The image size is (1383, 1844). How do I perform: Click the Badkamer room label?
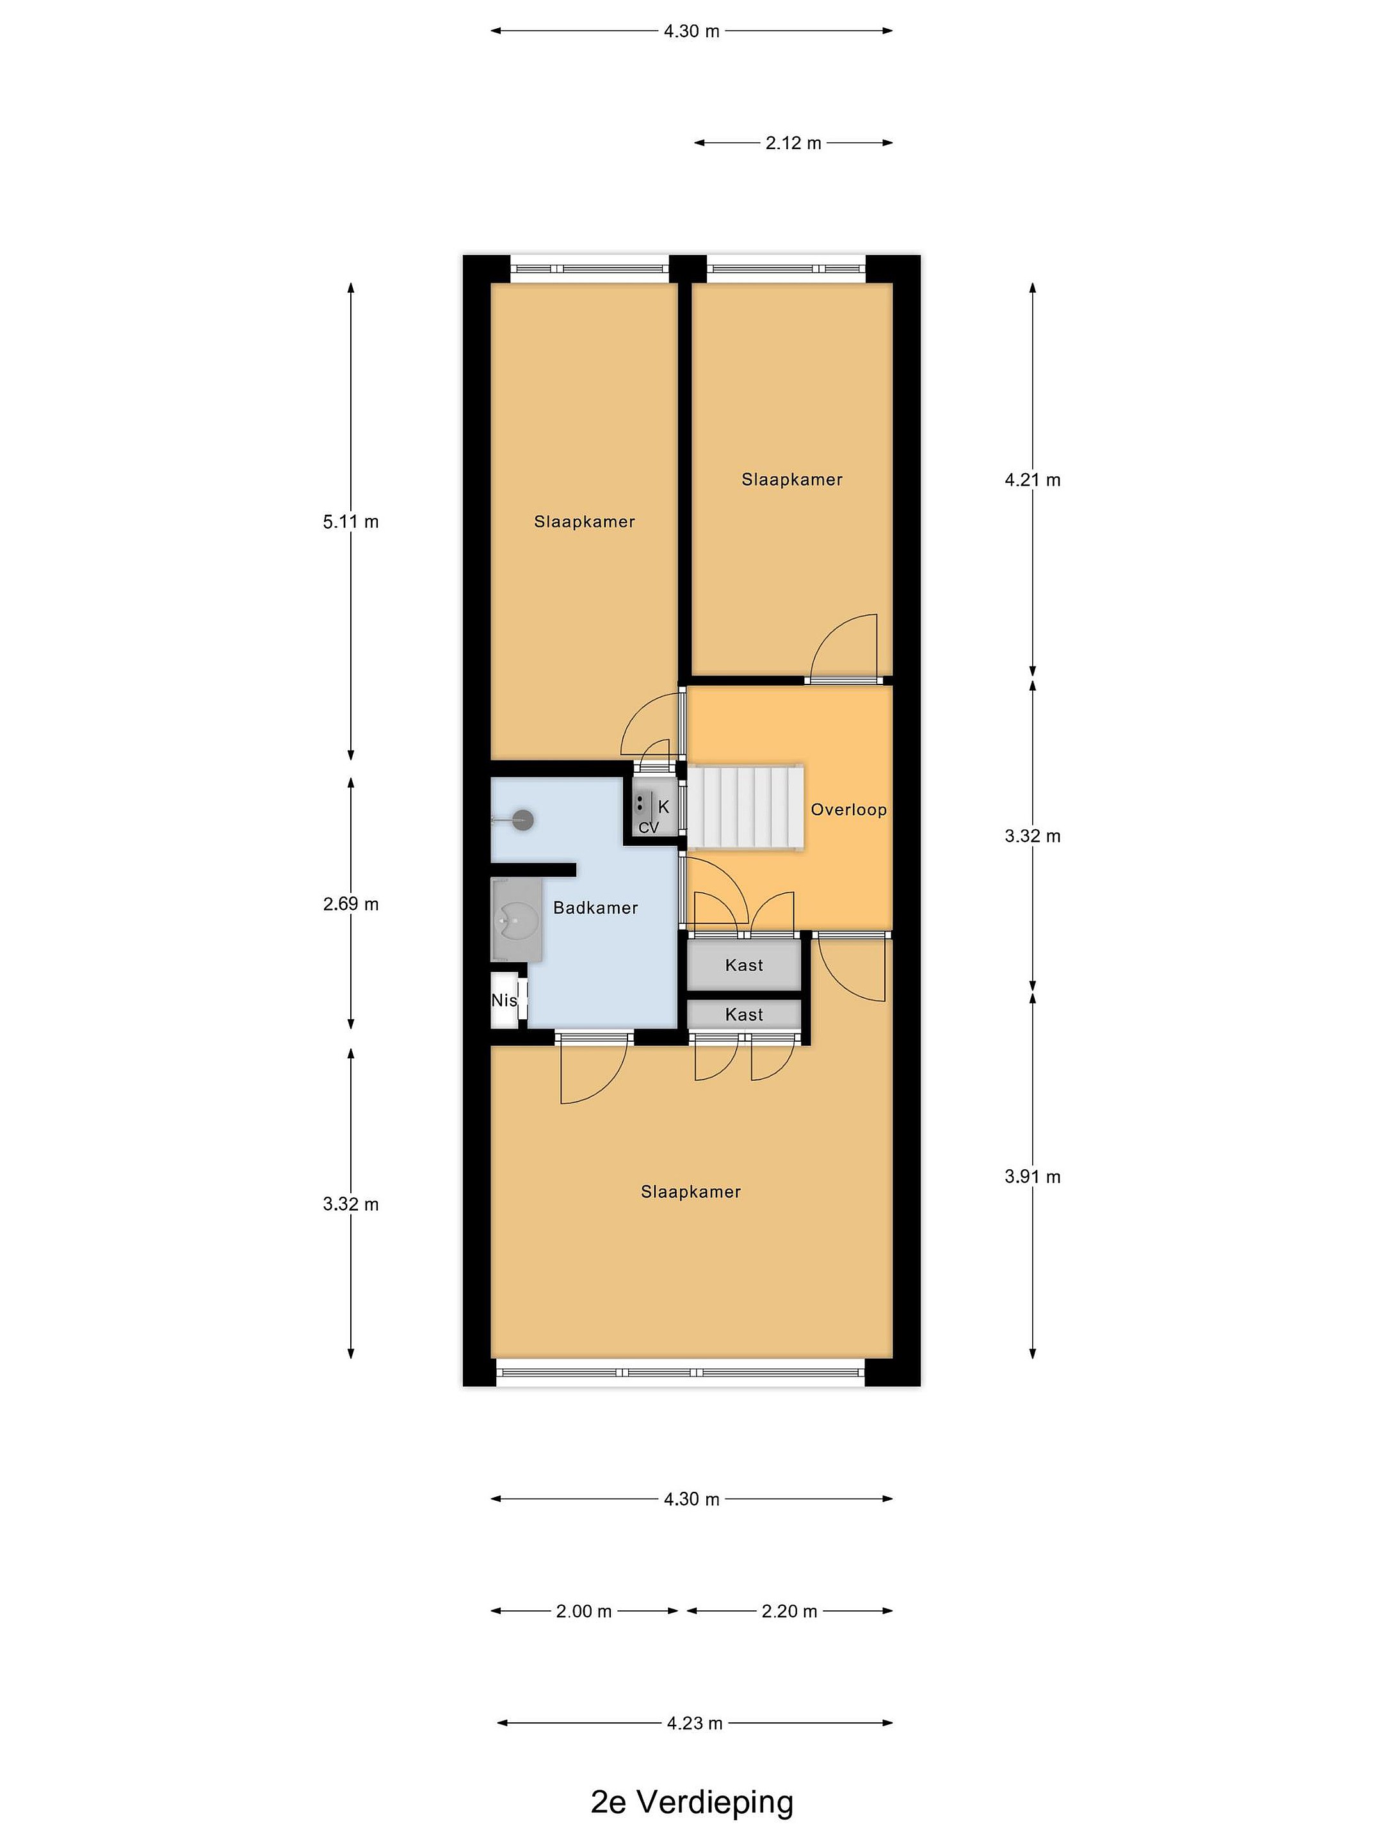click(595, 908)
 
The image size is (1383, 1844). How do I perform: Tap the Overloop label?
click(848, 809)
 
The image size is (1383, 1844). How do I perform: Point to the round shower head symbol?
click(522, 820)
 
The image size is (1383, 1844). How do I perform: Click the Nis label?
click(503, 1000)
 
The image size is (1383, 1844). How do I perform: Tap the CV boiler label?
click(649, 828)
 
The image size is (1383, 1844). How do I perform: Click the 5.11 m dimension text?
click(351, 522)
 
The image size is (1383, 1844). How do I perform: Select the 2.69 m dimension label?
click(351, 903)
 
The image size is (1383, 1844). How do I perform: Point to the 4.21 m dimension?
click(1033, 480)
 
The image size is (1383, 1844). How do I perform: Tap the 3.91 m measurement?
click(1033, 1176)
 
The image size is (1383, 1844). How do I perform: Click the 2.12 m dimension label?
click(793, 143)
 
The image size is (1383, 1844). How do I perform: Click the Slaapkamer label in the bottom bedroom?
click(691, 1192)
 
